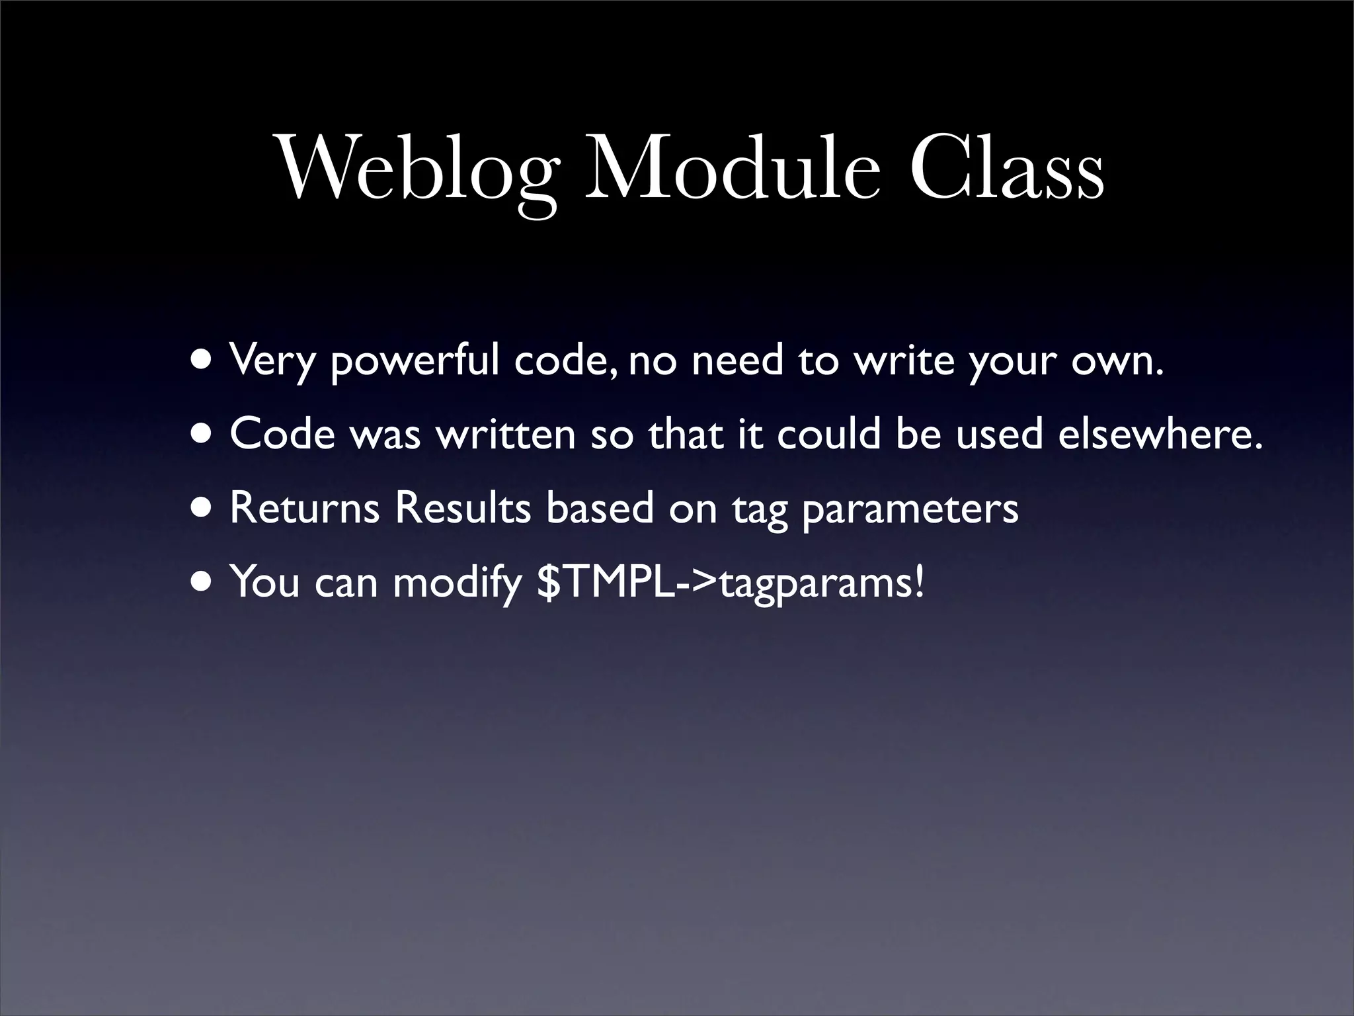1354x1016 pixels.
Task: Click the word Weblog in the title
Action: coord(416,169)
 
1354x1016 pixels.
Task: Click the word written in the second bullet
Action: coord(506,435)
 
